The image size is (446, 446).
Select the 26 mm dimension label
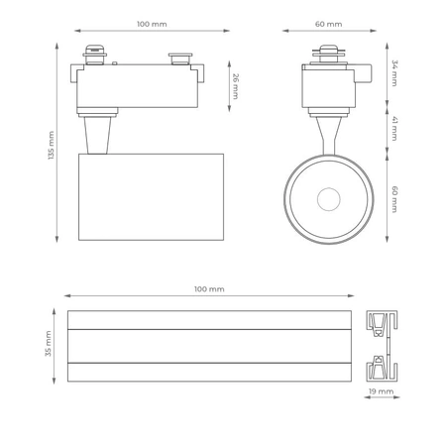click(x=235, y=85)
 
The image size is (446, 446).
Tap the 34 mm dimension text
click(x=393, y=72)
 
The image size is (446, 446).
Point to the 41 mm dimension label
click(x=393, y=127)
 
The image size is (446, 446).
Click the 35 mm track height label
click(x=48, y=346)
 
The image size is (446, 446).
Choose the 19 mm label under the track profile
click(x=380, y=392)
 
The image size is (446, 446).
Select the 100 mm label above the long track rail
click(x=209, y=288)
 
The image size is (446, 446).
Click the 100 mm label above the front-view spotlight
click(x=152, y=24)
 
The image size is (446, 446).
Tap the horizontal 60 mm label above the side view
click(x=329, y=24)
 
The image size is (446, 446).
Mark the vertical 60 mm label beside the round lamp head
click(x=393, y=198)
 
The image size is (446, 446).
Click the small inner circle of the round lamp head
click(x=328, y=199)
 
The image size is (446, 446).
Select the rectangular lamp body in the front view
click(x=151, y=196)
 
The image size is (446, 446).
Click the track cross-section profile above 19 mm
click(x=380, y=346)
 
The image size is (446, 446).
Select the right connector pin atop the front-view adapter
click(x=180, y=59)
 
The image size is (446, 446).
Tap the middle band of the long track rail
click(x=209, y=346)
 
